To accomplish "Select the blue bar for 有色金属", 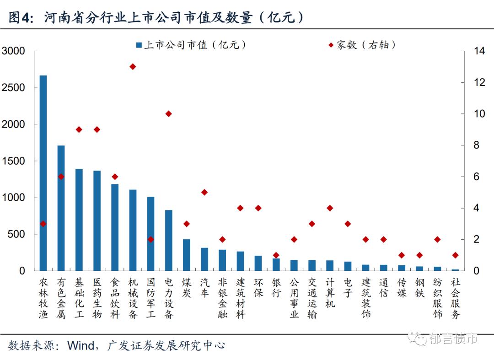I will click(61, 208).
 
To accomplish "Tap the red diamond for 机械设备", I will click(133, 66).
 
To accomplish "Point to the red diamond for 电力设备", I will click(168, 113).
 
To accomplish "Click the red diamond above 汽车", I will click(204, 192).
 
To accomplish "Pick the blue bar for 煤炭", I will click(187, 255).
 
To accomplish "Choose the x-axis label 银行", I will click(276, 287).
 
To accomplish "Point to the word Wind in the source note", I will click(80, 345).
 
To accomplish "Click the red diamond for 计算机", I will click(330, 208).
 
